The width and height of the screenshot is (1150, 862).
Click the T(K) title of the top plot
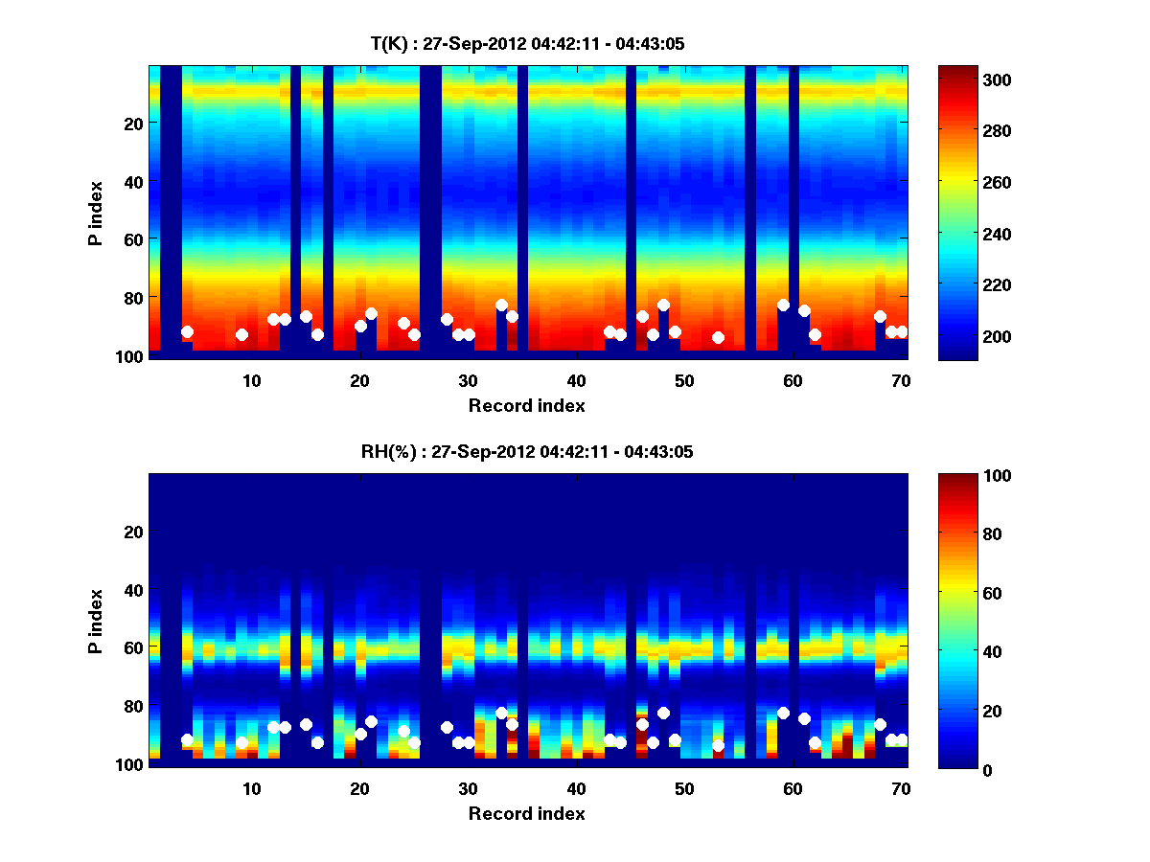[527, 43]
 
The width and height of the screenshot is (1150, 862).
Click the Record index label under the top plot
[527, 405]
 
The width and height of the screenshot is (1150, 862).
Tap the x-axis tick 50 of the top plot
[684, 380]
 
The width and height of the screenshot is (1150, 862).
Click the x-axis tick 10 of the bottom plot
[251, 788]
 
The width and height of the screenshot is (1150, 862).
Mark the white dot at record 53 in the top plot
[718, 337]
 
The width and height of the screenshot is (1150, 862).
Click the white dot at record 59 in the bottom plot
[783, 714]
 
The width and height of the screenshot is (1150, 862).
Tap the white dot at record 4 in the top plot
[187, 331]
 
